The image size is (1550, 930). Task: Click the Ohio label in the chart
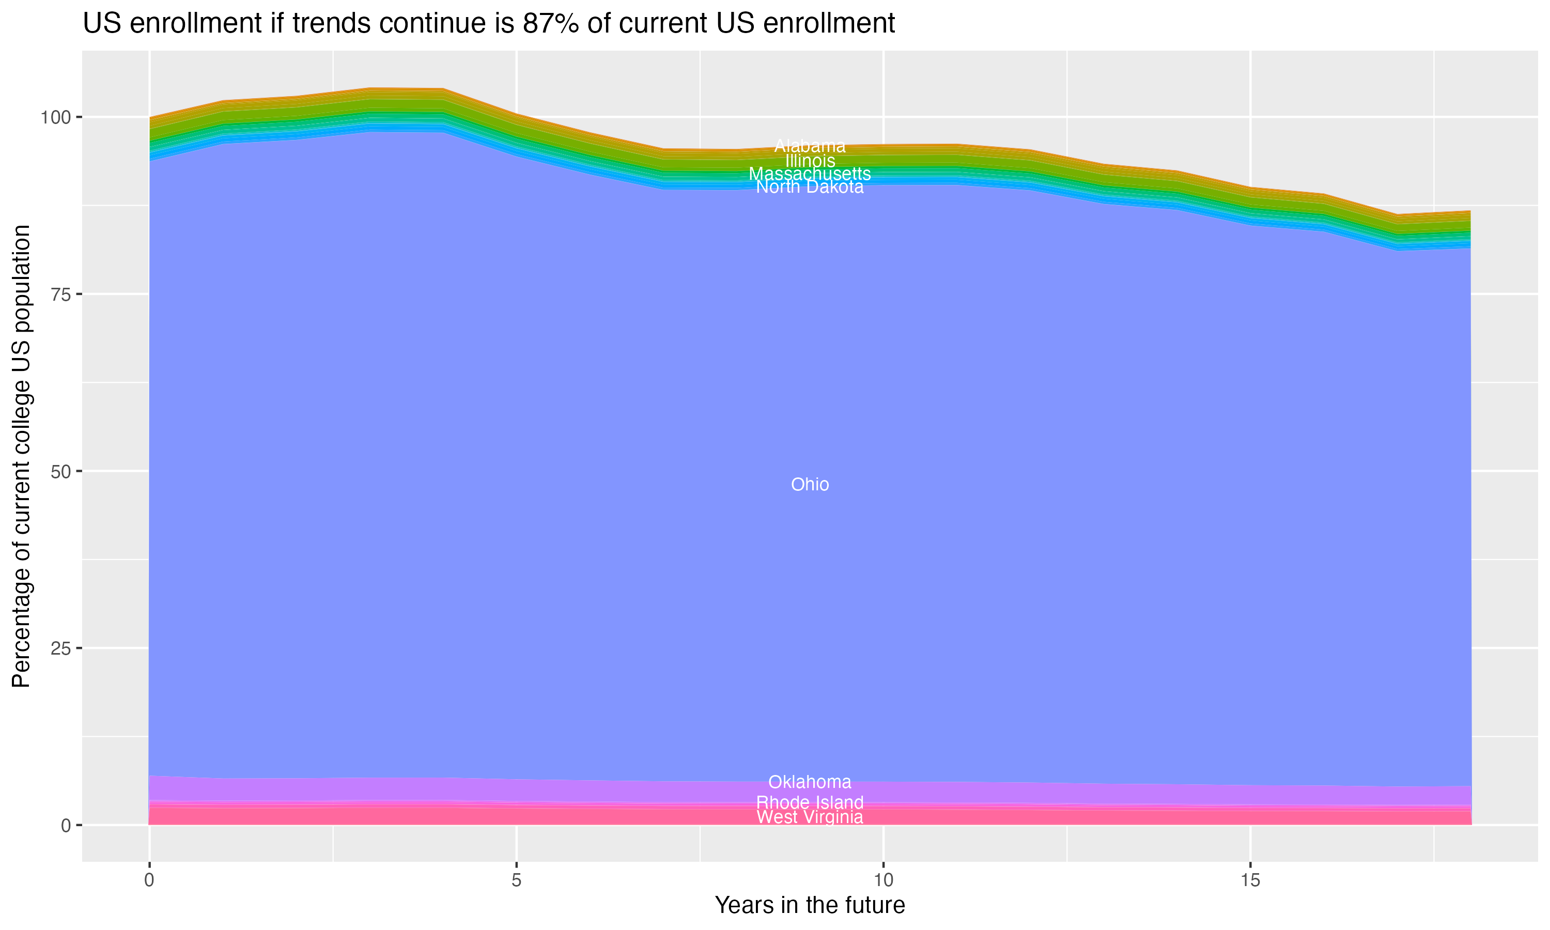pyautogui.click(x=810, y=485)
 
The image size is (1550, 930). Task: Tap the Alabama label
pyautogui.click(x=810, y=146)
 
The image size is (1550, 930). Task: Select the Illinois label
pyautogui.click(x=810, y=161)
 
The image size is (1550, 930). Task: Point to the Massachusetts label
pyautogui.click(x=810, y=174)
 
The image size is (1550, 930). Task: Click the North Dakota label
pyautogui.click(x=810, y=187)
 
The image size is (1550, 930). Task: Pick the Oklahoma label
pyautogui.click(x=810, y=782)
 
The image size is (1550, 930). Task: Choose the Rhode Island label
pyautogui.click(x=810, y=802)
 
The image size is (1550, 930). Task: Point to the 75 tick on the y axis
pyautogui.click(x=61, y=295)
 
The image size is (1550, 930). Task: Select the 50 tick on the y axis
pyautogui.click(x=61, y=471)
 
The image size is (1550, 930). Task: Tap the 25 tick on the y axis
pyautogui.click(x=61, y=648)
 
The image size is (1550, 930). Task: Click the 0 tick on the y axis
pyautogui.click(x=66, y=825)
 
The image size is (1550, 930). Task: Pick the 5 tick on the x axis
pyautogui.click(x=516, y=880)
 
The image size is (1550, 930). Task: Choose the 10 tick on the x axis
pyautogui.click(x=883, y=880)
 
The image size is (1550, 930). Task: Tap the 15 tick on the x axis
pyautogui.click(x=1250, y=880)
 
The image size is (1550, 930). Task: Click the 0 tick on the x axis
pyautogui.click(x=149, y=880)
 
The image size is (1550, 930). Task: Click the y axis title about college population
pyautogui.click(x=21, y=456)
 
